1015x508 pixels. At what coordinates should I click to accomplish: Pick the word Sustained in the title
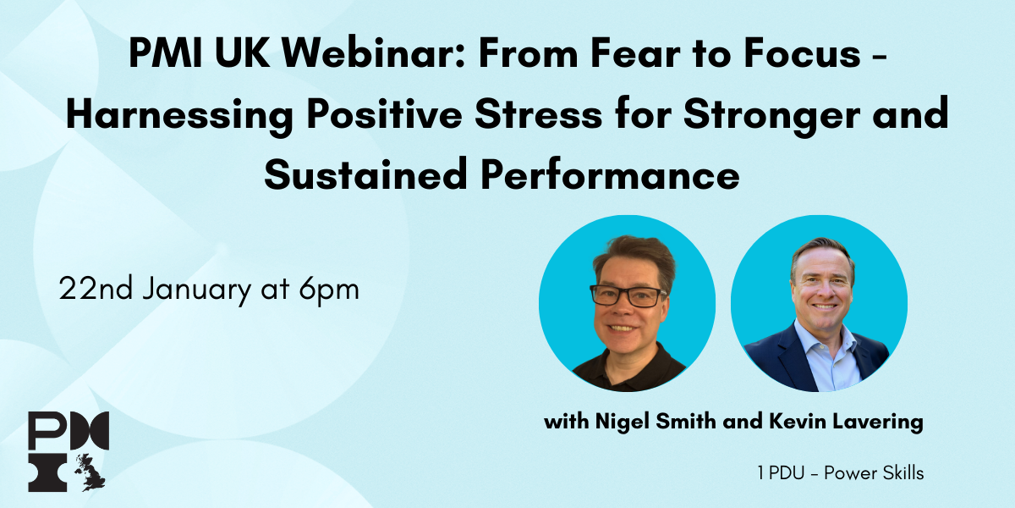click(x=365, y=174)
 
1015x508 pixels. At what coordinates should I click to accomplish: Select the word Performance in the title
click(x=610, y=174)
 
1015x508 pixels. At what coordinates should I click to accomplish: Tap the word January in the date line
click(x=196, y=290)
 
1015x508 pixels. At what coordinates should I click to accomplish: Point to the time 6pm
click(x=329, y=290)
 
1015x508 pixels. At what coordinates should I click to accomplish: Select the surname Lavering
click(x=878, y=422)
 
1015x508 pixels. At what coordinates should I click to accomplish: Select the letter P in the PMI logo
click(x=47, y=430)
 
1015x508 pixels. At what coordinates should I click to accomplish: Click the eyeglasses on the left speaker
click(x=628, y=295)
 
